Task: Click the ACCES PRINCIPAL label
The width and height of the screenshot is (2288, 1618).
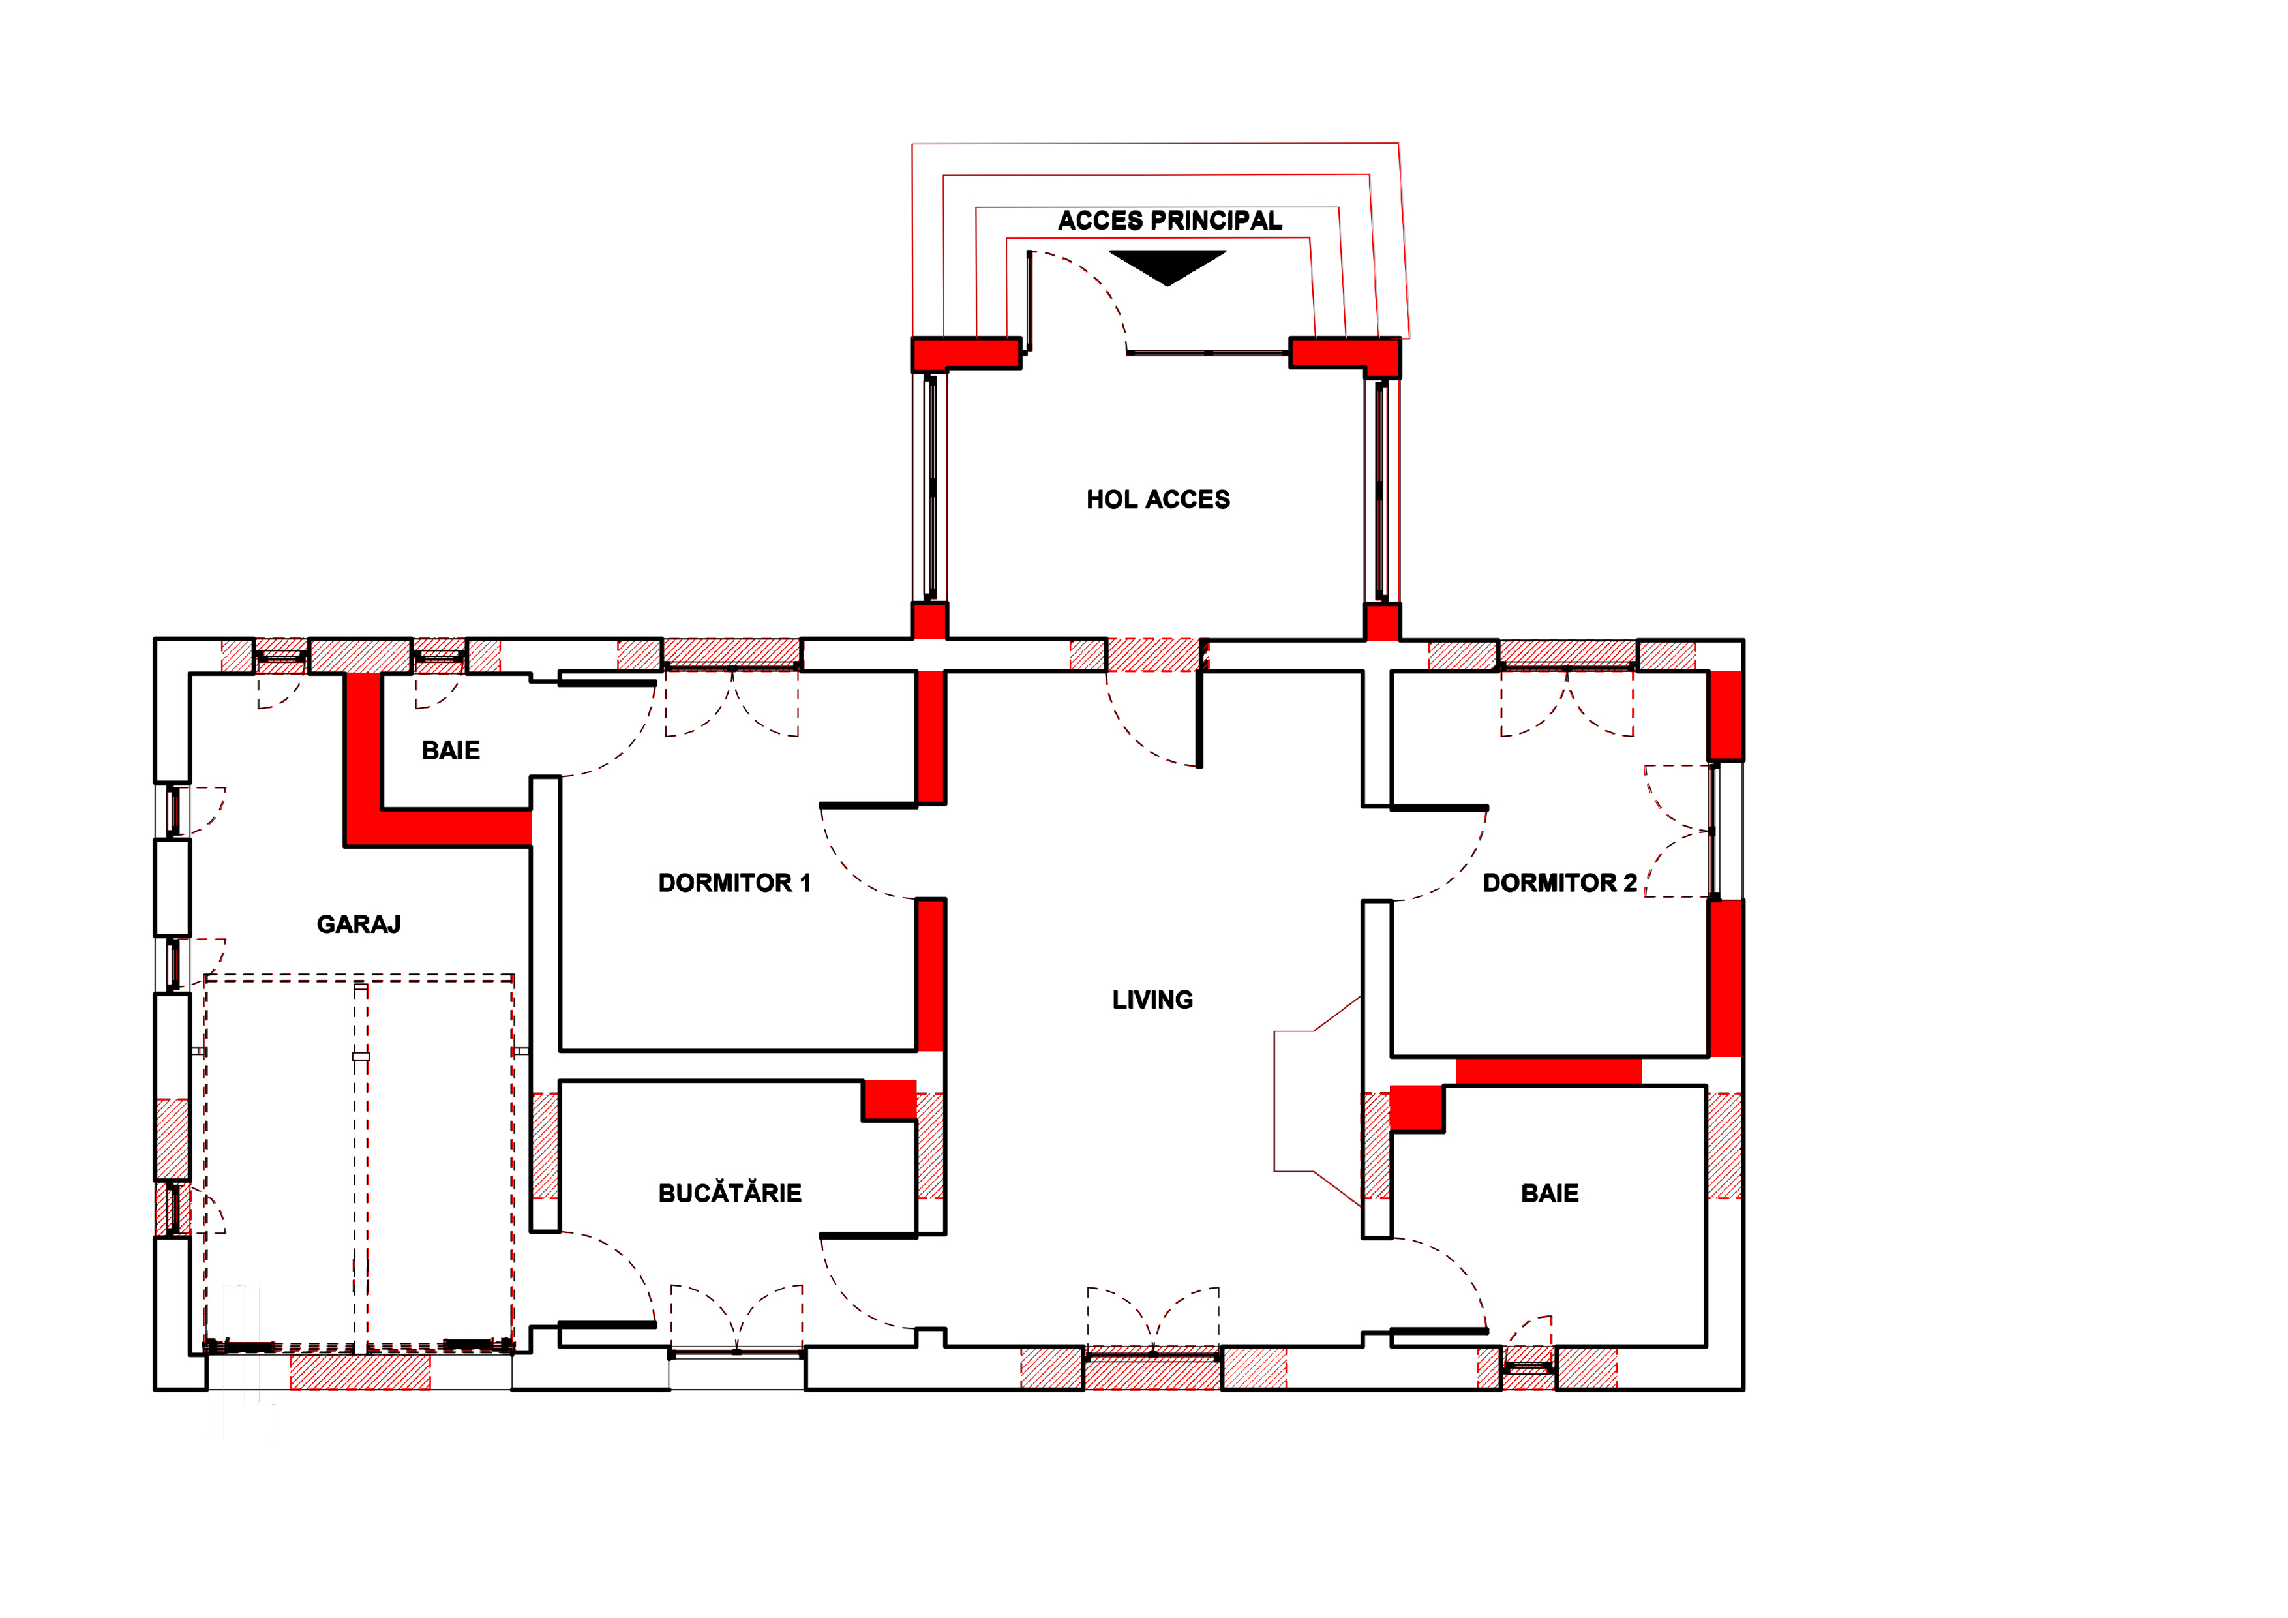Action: (x=1170, y=221)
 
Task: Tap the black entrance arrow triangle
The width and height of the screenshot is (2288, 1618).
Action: (x=1168, y=265)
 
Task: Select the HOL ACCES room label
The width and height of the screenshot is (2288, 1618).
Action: (x=1158, y=500)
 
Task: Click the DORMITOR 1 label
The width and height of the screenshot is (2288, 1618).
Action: (x=734, y=883)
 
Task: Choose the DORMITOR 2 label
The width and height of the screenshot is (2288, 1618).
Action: (x=1559, y=883)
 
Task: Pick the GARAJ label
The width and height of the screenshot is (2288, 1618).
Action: (x=359, y=924)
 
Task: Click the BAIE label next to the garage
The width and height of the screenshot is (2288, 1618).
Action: (x=451, y=751)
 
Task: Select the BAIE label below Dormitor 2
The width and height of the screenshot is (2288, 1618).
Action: (x=1550, y=1193)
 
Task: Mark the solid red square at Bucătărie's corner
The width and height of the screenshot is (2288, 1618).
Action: (x=889, y=1099)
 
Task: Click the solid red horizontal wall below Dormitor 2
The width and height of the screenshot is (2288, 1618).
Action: (x=1548, y=1072)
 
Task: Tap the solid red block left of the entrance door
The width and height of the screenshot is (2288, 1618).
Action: (x=965, y=353)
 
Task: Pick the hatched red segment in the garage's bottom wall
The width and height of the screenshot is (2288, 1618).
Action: (x=360, y=1371)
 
